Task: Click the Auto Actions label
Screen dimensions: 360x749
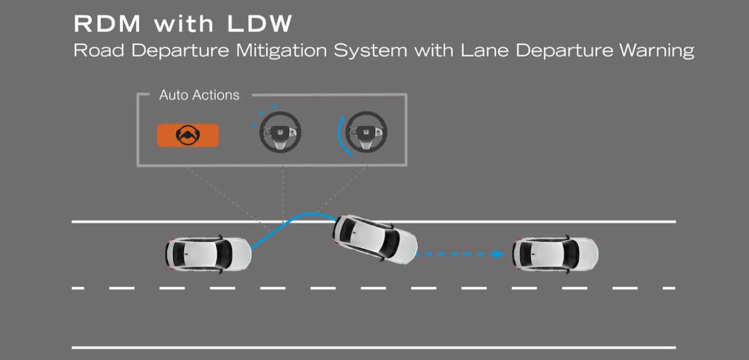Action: pyautogui.click(x=199, y=95)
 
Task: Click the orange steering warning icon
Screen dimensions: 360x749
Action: pyautogui.click(x=188, y=135)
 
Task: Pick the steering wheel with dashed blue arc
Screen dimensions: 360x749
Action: pyautogui.click(x=280, y=132)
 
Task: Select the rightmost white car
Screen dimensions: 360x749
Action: pyautogui.click(x=555, y=254)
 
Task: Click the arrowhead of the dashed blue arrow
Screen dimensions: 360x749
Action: pyautogui.click(x=499, y=254)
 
